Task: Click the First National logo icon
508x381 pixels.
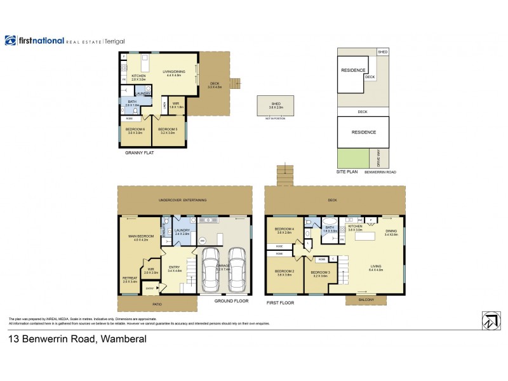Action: point(10,41)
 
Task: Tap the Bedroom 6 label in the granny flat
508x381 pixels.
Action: point(137,131)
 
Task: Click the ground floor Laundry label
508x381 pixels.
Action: point(183,231)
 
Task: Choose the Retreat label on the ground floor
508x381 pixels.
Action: point(130,279)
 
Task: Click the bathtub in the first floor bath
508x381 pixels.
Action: point(330,231)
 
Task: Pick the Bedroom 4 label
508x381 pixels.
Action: point(283,230)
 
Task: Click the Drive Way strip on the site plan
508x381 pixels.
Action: point(379,156)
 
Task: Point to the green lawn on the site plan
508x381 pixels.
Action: point(351,156)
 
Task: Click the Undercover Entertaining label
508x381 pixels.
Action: point(183,201)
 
